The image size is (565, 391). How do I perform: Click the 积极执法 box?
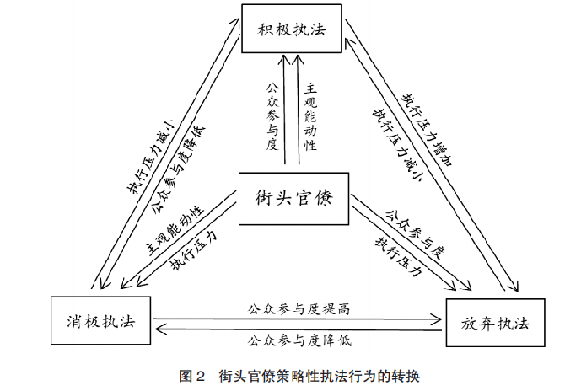pos(292,29)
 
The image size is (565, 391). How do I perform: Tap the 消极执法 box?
pos(100,322)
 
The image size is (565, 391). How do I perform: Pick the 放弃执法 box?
pos(495,324)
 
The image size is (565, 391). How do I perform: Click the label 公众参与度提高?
pos(299,309)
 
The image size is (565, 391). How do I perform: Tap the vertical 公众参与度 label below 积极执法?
pos(272,115)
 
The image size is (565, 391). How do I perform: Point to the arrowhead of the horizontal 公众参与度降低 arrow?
pos(159,330)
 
